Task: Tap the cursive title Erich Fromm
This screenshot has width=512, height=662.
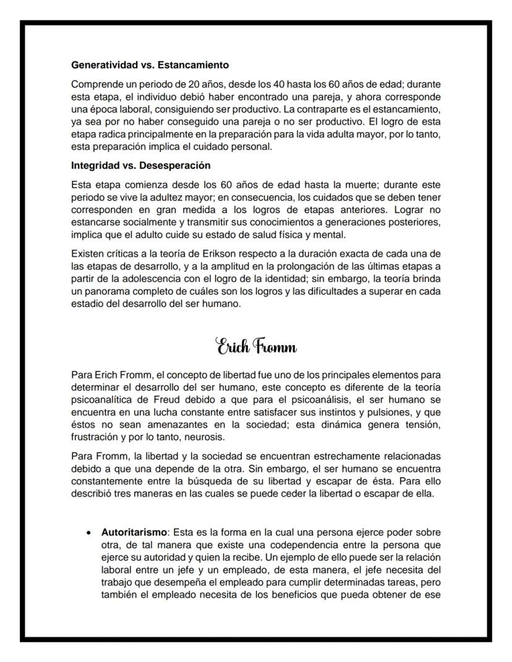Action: click(256, 346)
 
